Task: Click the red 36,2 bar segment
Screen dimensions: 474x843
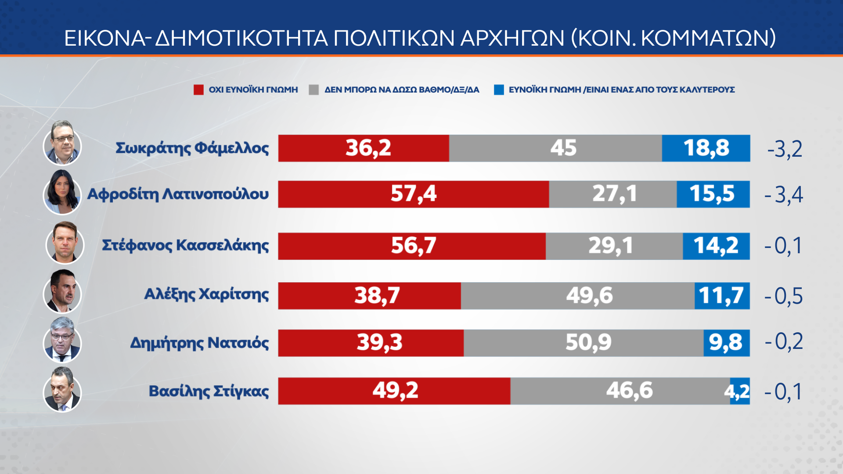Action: tap(364, 148)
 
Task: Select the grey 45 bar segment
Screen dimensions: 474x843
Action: tap(555, 148)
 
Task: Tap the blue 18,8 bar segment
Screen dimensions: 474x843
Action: tap(706, 148)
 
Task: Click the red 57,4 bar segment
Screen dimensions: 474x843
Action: tap(413, 194)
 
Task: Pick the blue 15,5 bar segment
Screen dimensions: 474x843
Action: tap(713, 194)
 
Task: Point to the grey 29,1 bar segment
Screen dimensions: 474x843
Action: tap(614, 246)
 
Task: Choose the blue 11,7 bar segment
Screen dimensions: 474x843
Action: tap(722, 296)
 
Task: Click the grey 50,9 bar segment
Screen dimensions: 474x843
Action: tap(584, 343)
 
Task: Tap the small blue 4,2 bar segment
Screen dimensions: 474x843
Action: tap(740, 391)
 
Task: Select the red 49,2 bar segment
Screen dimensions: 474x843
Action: tap(394, 391)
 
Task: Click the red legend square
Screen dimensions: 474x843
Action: tap(198, 90)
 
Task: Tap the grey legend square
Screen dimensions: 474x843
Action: tap(313, 90)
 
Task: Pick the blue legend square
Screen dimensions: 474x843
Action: tap(499, 90)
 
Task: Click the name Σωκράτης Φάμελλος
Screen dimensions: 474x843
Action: tap(192, 148)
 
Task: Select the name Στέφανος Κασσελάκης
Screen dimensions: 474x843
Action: tap(185, 245)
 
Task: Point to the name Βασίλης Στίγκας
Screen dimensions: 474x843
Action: tap(209, 391)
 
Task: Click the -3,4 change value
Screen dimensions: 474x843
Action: tap(784, 194)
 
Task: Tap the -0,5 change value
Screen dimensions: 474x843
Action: tap(784, 296)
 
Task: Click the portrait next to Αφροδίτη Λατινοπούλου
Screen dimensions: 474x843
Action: tap(62, 192)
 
